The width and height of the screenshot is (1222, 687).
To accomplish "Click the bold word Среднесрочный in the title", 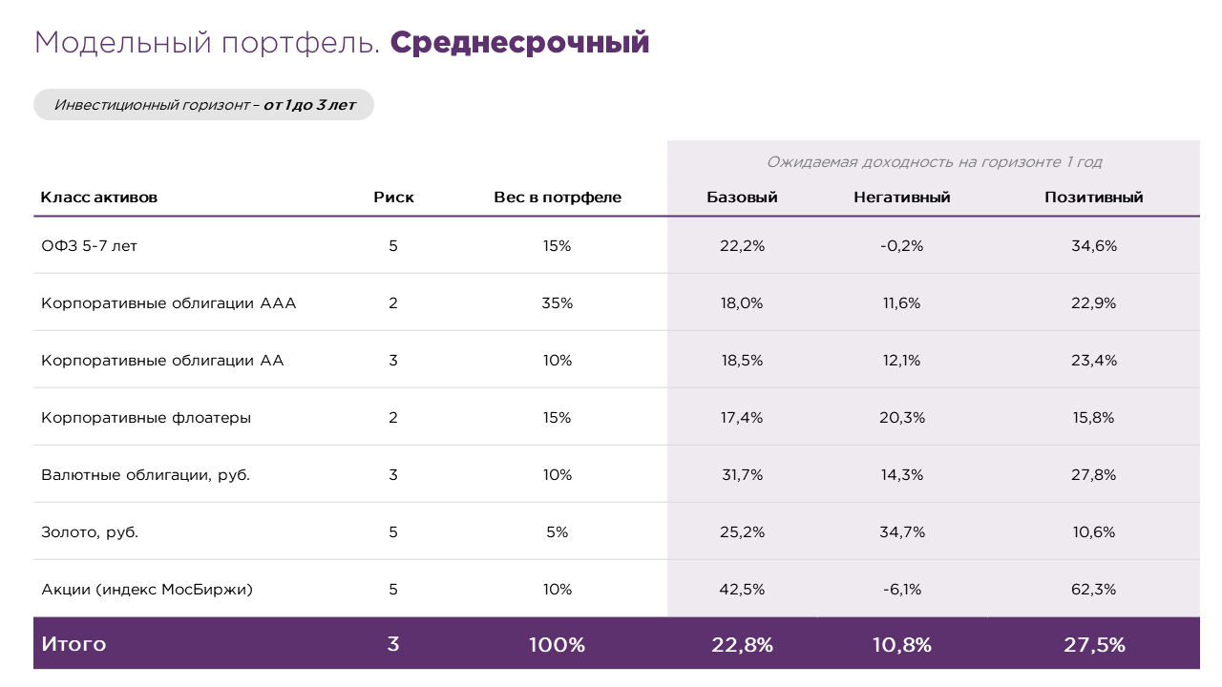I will click(519, 43).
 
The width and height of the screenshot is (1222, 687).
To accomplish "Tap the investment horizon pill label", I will click(203, 105).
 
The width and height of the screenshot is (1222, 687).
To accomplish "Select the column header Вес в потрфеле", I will click(558, 198).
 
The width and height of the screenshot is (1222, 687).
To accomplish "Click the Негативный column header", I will click(902, 198).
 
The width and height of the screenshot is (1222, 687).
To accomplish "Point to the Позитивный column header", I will click(1094, 198).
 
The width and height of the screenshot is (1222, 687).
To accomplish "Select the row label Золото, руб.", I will click(90, 531).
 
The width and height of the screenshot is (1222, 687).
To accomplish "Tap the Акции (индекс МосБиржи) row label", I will click(147, 589).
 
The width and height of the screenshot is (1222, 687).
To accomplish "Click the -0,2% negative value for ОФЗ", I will click(902, 245).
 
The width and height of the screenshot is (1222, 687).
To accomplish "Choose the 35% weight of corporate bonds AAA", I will click(558, 302).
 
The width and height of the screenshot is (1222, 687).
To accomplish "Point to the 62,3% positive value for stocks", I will click(1094, 589).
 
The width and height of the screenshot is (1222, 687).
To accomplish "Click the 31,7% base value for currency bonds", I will click(742, 474).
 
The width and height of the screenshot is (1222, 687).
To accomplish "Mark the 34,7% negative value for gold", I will click(902, 531).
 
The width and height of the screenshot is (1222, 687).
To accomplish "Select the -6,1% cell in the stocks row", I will click(902, 589).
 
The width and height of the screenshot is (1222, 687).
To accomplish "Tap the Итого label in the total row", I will click(74, 644).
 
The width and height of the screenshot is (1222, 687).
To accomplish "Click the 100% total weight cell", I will click(558, 644).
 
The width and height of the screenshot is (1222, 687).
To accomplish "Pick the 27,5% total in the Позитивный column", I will click(1094, 644).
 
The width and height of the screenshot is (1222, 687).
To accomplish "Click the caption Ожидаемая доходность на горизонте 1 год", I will click(934, 162).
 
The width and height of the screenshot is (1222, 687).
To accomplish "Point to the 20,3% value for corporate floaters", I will click(902, 417).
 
